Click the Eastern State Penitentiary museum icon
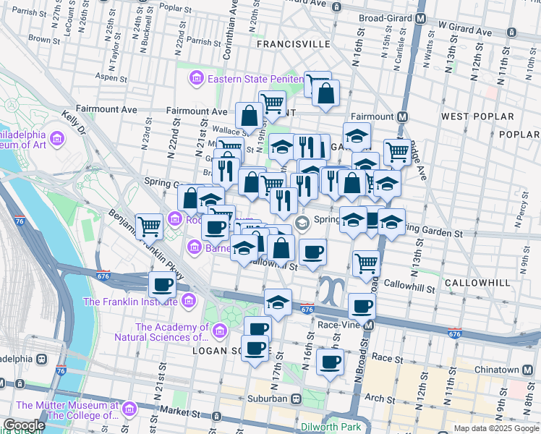[195, 78]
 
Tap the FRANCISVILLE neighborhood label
[294, 44]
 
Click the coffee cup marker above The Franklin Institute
[162, 284]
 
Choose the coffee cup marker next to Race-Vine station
[362, 306]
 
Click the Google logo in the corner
[24, 425]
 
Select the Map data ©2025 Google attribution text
[496, 428]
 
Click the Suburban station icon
[296, 399]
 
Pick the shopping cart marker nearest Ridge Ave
[397, 152]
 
